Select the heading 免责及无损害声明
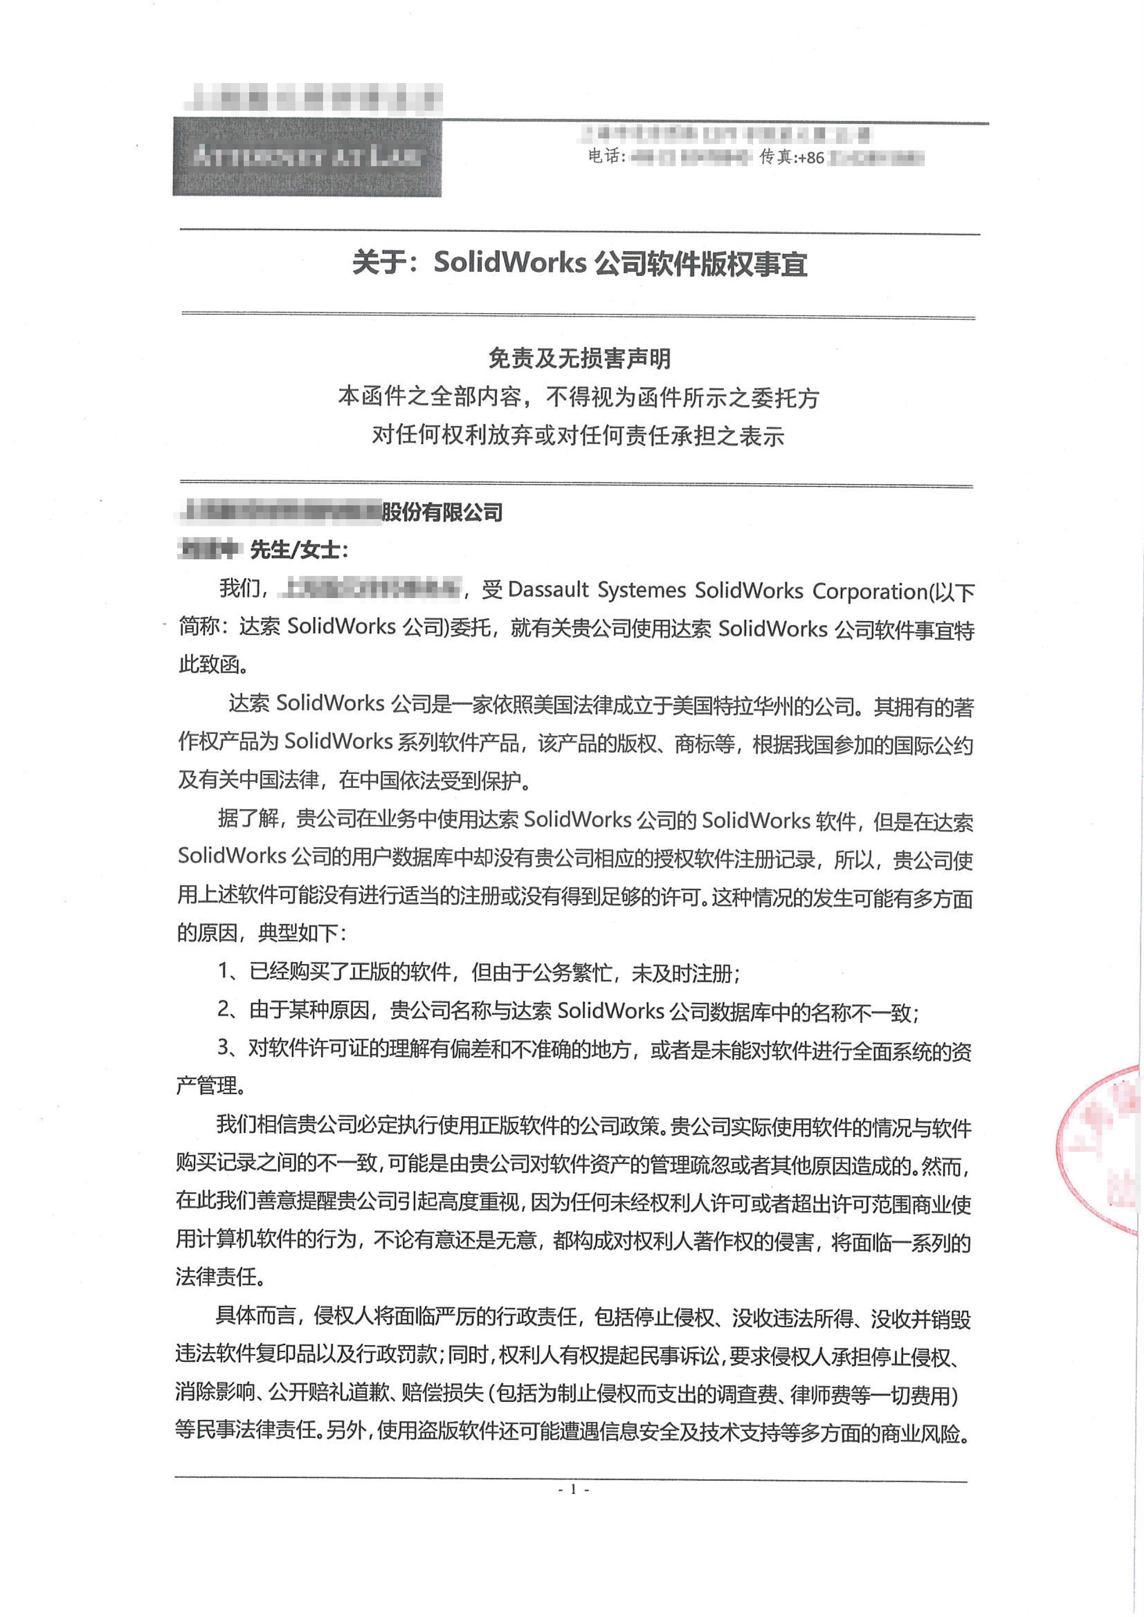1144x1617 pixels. pyautogui.click(x=579, y=359)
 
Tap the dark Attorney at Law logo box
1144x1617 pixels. pyautogui.click(x=307, y=157)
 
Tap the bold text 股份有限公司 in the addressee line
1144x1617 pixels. pyautogui.click(x=443, y=512)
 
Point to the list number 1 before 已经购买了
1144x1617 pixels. pyautogui.click(x=224, y=971)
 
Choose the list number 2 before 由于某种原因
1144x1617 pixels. pyautogui.click(x=224, y=1009)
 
